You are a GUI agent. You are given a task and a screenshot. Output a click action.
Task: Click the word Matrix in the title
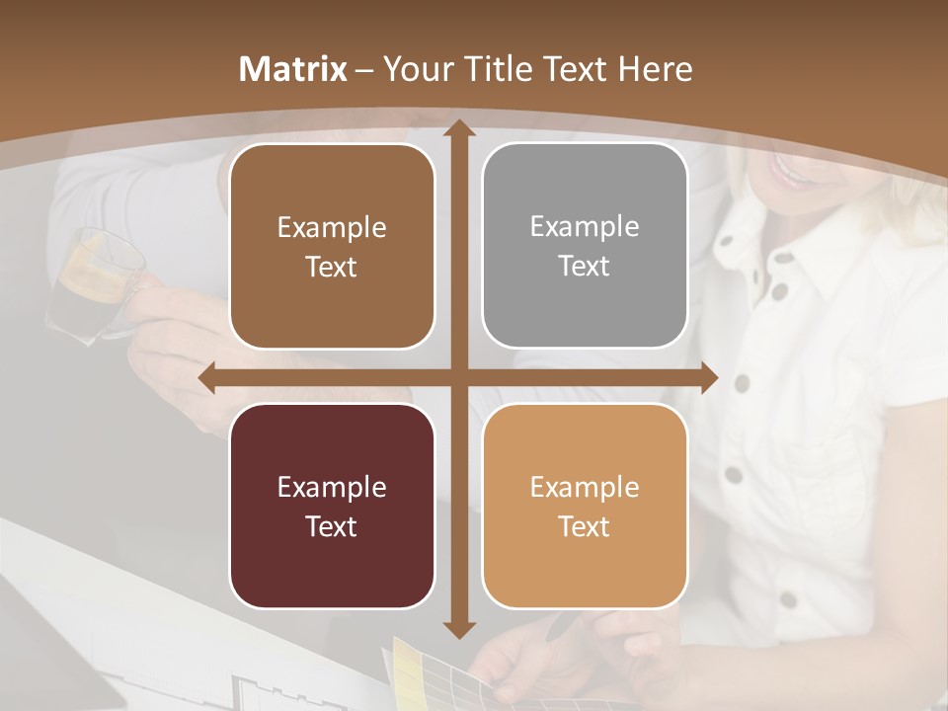pyautogui.click(x=293, y=69)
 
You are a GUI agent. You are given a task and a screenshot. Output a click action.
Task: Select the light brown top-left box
pyautogui.click(x=332, y=246)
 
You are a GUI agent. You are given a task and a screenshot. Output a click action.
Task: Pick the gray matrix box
pyautogui.click(x=585, y=246)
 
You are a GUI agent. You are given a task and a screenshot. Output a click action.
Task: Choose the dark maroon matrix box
pyautogui.click(x=332, y=506)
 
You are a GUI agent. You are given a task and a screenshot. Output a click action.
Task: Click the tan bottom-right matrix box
pyautogui.click(x=585, y=506)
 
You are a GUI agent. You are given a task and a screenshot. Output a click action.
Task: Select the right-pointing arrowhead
pyautogui.click(x=708, y=378)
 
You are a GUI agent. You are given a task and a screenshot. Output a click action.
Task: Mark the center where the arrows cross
pyautogui.click(x=459, y=378)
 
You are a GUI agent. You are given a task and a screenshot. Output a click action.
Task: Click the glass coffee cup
pyautogui.click(x=94, y=281)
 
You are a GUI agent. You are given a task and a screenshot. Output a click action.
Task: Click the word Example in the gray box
pyautogui.click(x=585, y=226)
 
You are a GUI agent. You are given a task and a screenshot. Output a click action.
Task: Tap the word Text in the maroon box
pyautogui.click(x=332, y=526)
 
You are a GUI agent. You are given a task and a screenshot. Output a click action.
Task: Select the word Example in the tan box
pyautogui.click(x=585, y=487)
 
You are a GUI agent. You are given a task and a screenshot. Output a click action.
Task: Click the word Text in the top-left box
pyautogui.click(x=332, y=267)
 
